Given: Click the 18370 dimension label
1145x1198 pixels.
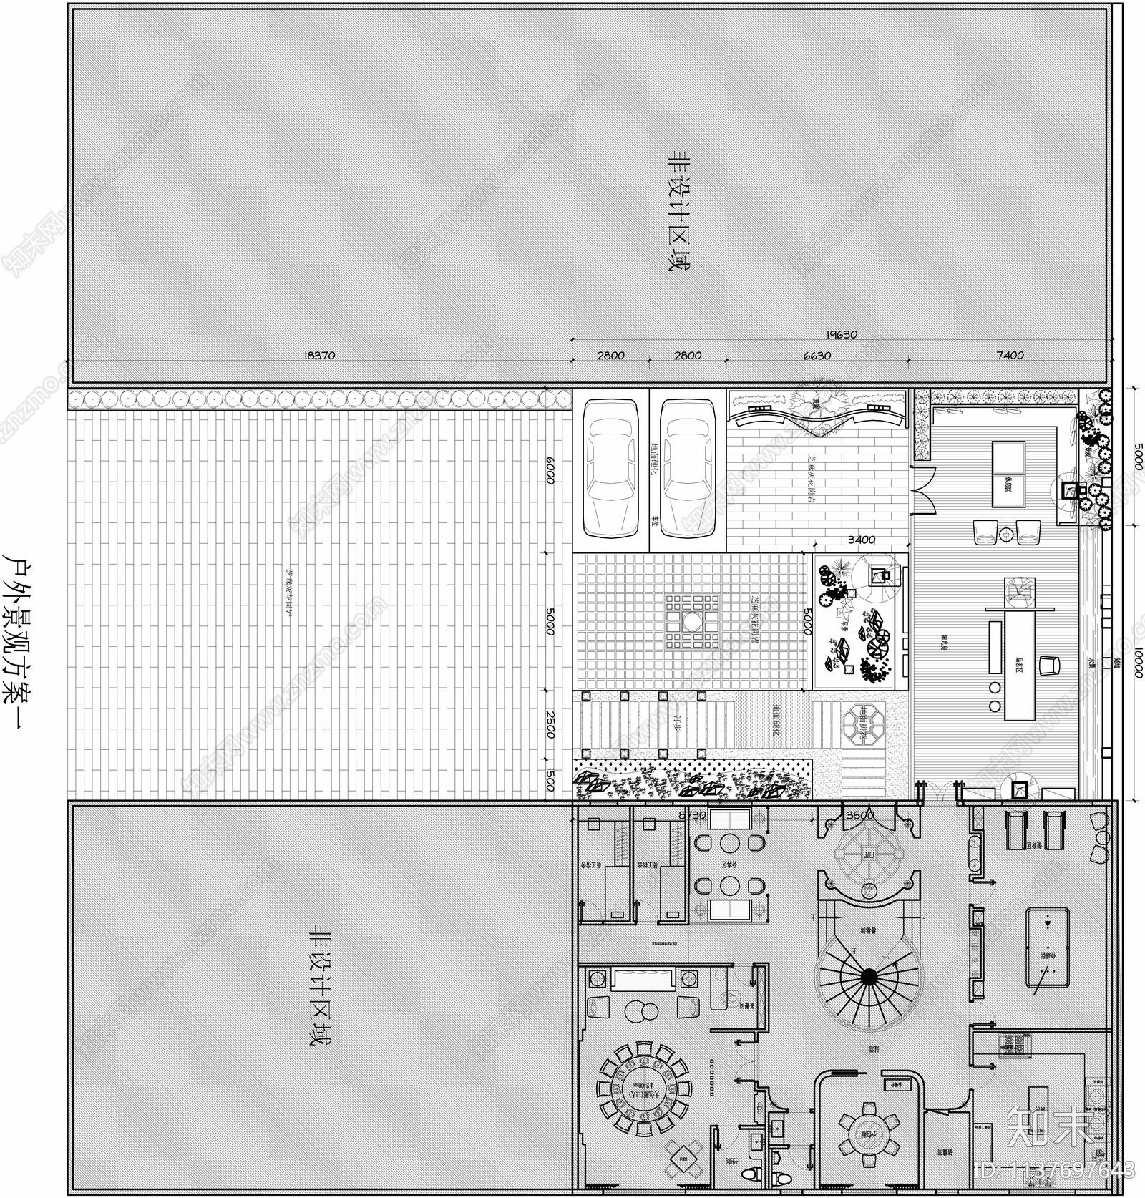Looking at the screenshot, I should click(x=319, y=355).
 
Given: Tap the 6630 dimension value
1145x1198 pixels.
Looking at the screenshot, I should click(x=817, y=355).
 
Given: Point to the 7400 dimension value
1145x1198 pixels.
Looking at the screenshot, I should click(x=1009, y=355).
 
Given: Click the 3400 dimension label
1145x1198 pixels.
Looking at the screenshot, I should click(x=861, y=540).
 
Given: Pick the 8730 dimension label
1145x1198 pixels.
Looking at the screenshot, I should click(x=692, y=814).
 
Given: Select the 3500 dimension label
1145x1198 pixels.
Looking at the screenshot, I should click(x=859, y=814).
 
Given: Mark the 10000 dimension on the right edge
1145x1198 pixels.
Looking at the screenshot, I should click(x=1138, y=663).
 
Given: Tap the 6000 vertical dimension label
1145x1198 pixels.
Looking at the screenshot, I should click(x=550, y=470).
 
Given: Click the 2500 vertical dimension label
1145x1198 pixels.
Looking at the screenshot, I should click(x=550, y=725).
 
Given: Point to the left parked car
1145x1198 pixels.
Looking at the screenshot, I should click(x=611, y=469).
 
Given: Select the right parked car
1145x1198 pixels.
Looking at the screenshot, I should click(x=687, y=469).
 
